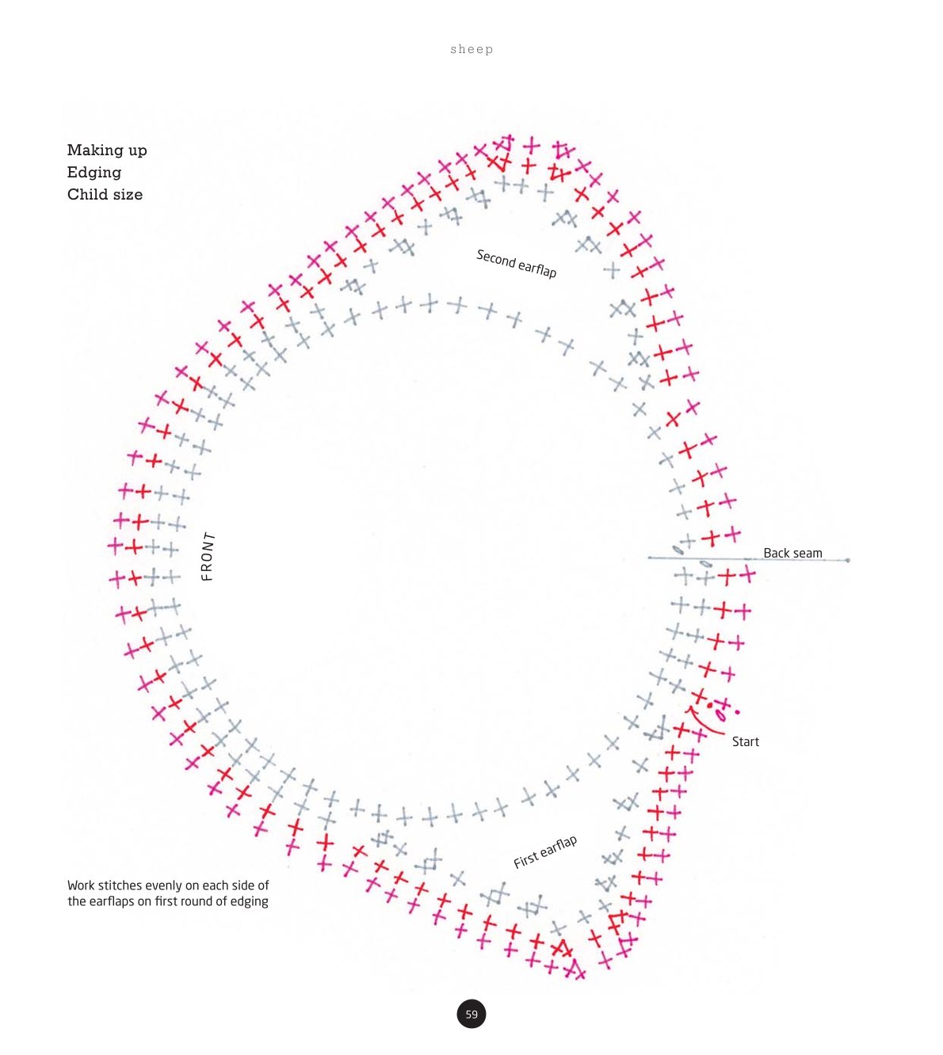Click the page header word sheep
[x=471, y=49]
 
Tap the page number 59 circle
[x=471, y=1014]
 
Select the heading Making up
[x=107, y=150]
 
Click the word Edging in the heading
[x=94, y=173]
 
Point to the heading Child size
[x=105, y=195]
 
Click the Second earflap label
[x=517, y=264]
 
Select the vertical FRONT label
[x=208, y=556]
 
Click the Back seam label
[x=793, y=553]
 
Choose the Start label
[x=746, y=741]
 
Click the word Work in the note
[x=82, y=886]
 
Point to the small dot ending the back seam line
[x=848, y=560]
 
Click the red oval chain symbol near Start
[x=721, y=715]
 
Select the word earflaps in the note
[x=112, y=902]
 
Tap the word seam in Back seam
[x=808, y=554]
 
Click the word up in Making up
[x=138, y=151]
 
